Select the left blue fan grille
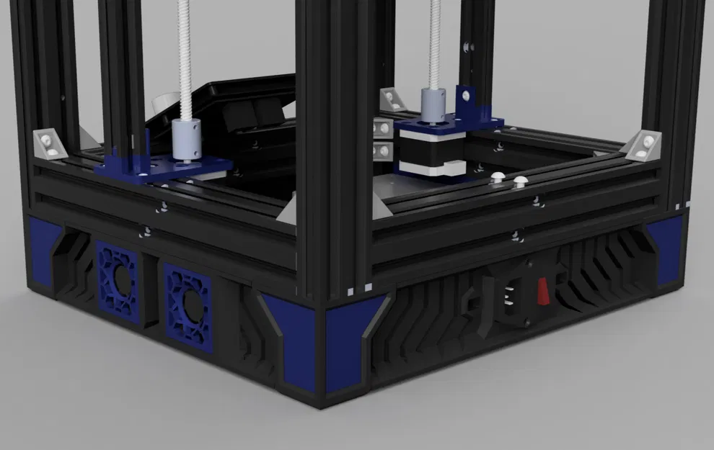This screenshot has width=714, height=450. click(x=118, y=280)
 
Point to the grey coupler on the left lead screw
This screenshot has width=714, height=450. click(x=186, y=140)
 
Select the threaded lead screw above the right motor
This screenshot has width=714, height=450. click(x=435, y=43)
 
